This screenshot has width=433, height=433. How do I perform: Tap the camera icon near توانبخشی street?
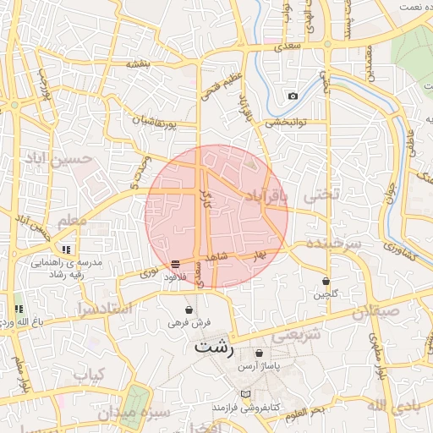(x=293, y=96)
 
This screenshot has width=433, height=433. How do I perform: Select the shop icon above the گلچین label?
(x=326, y=280)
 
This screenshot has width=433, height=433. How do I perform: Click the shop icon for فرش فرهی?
(x=189, y=310)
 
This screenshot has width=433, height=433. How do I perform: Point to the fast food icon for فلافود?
(x=175, y=264)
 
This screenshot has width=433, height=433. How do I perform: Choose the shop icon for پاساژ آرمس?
(x=259, y=353)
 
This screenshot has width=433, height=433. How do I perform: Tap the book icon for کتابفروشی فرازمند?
(x=246, y=395)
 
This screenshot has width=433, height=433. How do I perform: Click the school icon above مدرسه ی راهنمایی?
(x=66, y=249)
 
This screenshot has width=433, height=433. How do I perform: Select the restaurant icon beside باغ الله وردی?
(x=18, y=309)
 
